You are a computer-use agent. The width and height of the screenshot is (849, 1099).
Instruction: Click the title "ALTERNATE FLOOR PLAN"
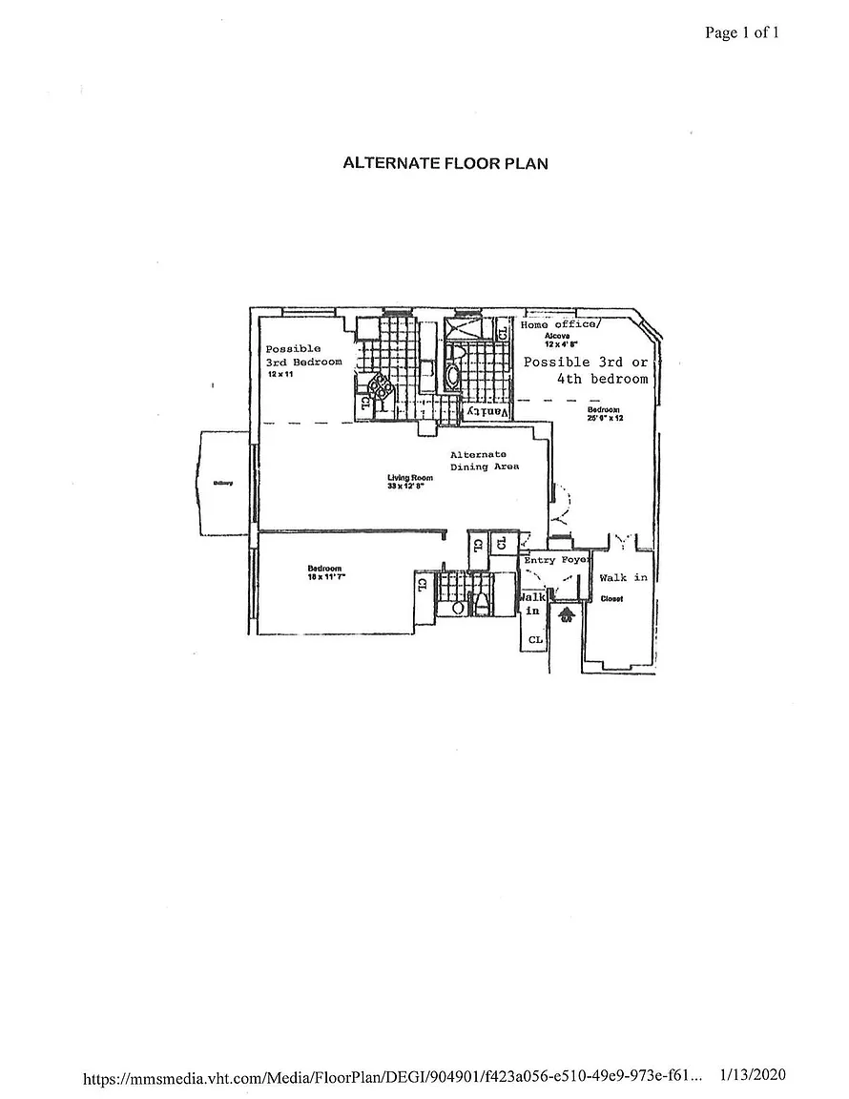(445, 163)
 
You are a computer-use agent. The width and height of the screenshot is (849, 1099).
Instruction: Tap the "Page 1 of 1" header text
(742, 33)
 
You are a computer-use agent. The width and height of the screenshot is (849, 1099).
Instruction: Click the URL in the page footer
(393, 1077)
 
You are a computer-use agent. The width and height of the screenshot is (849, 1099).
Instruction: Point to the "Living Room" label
(410, 478)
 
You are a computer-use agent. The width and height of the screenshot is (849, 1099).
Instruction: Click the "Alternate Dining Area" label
(485, 461)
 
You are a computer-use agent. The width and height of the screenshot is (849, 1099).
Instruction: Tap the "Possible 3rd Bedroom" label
(302, 356)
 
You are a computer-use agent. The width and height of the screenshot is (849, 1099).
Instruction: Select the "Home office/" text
(560, 324)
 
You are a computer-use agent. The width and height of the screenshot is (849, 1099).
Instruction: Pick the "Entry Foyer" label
(558, 560)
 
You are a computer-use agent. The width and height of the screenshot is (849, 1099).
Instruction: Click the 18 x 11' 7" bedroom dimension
(323, 577)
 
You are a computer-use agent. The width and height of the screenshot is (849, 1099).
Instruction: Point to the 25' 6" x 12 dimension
(605, 418)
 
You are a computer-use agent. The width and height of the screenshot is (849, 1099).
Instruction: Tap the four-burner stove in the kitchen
(380, 385)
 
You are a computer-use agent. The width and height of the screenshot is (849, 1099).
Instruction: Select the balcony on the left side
(224, 483)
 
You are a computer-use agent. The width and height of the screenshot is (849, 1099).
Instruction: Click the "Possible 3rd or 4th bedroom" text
(587, 370)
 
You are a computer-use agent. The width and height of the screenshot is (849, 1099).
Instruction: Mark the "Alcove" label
(557, 336)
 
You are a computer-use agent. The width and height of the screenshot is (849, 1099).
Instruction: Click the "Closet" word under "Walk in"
(611, 599)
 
